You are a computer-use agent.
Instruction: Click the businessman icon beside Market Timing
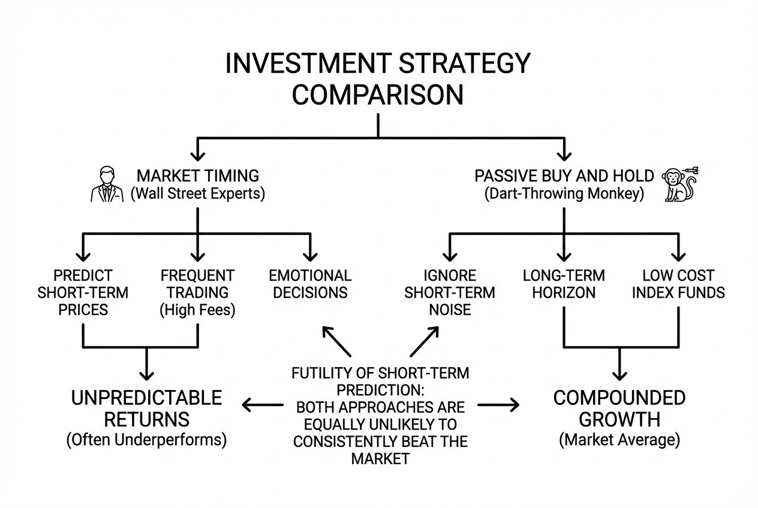[x=107, y=184]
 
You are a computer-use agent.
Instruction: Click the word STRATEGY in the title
[x=464, y=63]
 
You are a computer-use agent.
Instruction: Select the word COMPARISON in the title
[x=378, y=95]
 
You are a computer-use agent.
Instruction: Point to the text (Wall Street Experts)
[x=198, y=193]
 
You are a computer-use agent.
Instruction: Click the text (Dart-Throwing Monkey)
[x=564, y=193]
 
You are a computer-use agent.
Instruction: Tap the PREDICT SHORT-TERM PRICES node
[x=83, y=293]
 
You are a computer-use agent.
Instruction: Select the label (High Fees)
[x=197, y=310]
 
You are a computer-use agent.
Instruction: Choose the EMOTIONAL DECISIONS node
[x=310, y=284]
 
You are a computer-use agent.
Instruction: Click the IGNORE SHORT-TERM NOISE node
[x=450, y=293]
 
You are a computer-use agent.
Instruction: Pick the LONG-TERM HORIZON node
[x=564, y=284]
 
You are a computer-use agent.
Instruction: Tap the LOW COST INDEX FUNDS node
[x=678, y=284]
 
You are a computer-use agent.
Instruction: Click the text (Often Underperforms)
[x=146, y=440]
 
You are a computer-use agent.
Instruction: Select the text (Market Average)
[x=619, y=440]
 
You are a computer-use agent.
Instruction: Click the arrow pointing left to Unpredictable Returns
[x=263, y=404]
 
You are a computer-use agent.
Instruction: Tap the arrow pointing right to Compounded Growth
[x=498, y=404]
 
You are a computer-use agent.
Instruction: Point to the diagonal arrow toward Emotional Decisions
[x=336, y=341]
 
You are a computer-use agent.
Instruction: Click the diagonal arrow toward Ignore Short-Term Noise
[x=425, y=341]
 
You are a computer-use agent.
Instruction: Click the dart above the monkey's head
[x=690, y=170]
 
